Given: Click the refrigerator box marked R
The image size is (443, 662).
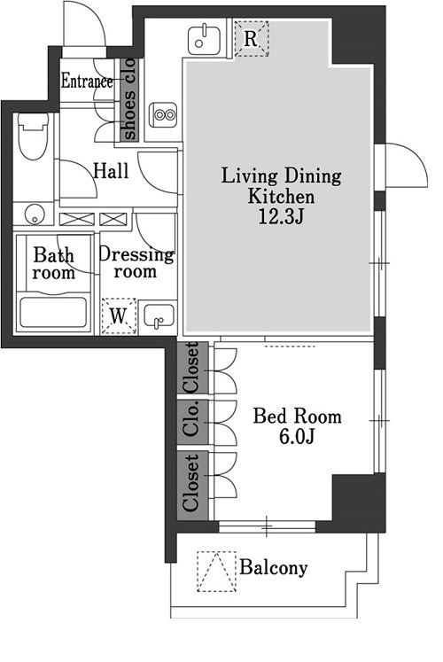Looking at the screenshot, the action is (252, 39).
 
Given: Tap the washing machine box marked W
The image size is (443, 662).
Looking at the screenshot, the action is (119, 315).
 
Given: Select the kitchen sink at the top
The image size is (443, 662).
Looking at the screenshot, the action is (204, 39).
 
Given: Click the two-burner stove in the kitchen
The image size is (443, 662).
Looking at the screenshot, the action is (163, 114).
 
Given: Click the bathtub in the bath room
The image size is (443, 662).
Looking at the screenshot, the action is (53, 313).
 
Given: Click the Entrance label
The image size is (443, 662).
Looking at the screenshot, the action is (87, 81).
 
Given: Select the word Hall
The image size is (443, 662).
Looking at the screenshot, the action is (111, 171).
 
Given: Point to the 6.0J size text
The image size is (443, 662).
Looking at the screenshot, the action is (297, 437).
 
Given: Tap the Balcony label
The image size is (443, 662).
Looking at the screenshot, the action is (274, 568).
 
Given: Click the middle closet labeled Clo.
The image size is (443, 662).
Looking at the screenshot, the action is (192, 422).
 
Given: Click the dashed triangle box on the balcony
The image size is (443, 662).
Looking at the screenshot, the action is (216, 572).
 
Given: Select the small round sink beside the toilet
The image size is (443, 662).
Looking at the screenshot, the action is (33, 214).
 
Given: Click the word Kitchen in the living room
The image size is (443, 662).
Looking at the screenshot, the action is (281, 197).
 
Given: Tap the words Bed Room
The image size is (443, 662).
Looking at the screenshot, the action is (297, 417).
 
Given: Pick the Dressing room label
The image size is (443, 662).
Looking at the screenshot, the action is (136, 262).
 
